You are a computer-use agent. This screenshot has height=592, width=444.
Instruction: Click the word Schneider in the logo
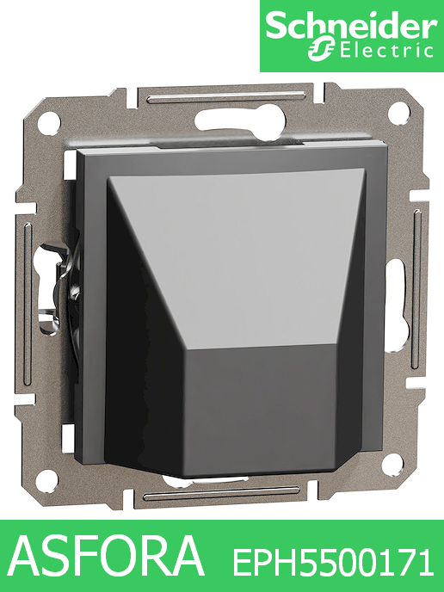pyautogui.click(x=351, y=28)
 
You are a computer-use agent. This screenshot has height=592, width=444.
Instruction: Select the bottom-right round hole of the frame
pyautogui.click(x=392, y=465)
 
